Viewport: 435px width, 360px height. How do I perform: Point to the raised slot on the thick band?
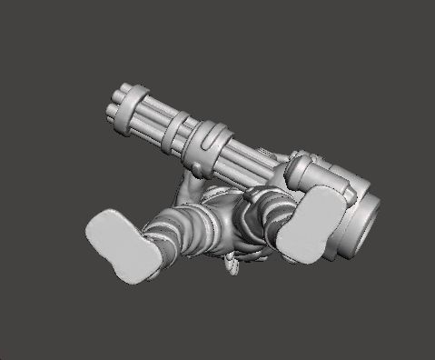pyautogui.click(x=212, y=138)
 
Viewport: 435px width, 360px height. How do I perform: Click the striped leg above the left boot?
pyautogui.click(x=182, y=232)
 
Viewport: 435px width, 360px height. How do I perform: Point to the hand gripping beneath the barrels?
pyautogui.click(x=189, y=188)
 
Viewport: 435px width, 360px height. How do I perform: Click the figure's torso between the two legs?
pyautogui.click(x=227, y=223)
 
